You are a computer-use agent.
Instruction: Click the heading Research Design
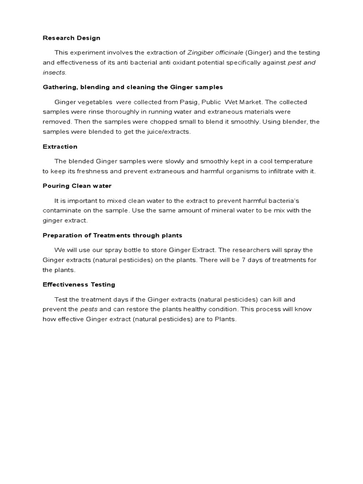click(71, 38)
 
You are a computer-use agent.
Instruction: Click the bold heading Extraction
click(60, 147)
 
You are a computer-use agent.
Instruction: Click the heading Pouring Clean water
click(77, 186)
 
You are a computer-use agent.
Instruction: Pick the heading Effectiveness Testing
click(79, 285)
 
